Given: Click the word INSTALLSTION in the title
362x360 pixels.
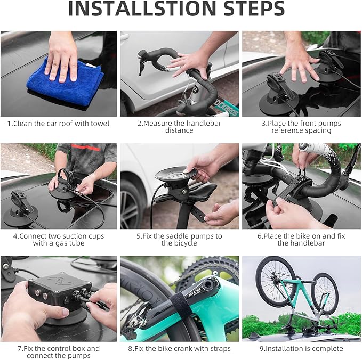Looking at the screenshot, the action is click(x=142, y=9).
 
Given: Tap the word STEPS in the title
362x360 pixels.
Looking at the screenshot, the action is click(x=254, y=9).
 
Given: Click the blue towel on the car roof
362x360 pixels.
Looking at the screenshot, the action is click(x=65, y=83).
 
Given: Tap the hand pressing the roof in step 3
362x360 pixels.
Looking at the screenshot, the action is click(x=298, y=60).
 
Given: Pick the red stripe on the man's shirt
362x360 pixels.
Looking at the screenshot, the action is click(x=86, y=146).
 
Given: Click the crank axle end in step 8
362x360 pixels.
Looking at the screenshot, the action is click(x=208, y=285).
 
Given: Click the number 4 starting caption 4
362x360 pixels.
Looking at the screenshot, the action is click(x=15, y=236).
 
